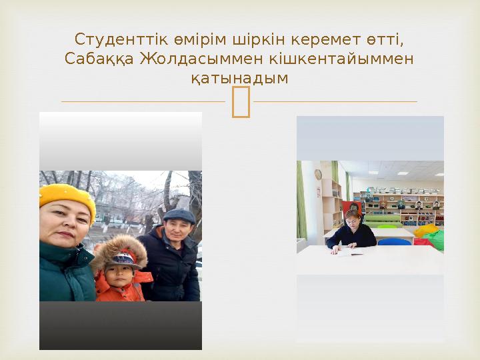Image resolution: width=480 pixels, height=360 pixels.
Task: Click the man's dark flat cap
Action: [179, 215]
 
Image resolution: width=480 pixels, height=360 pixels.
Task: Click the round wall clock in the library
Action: [318, 174]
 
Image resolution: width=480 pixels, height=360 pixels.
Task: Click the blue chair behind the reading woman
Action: [394, 242]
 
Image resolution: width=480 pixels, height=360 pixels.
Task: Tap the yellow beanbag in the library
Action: [427, 231]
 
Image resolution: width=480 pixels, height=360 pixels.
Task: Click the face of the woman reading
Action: [351, 218]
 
